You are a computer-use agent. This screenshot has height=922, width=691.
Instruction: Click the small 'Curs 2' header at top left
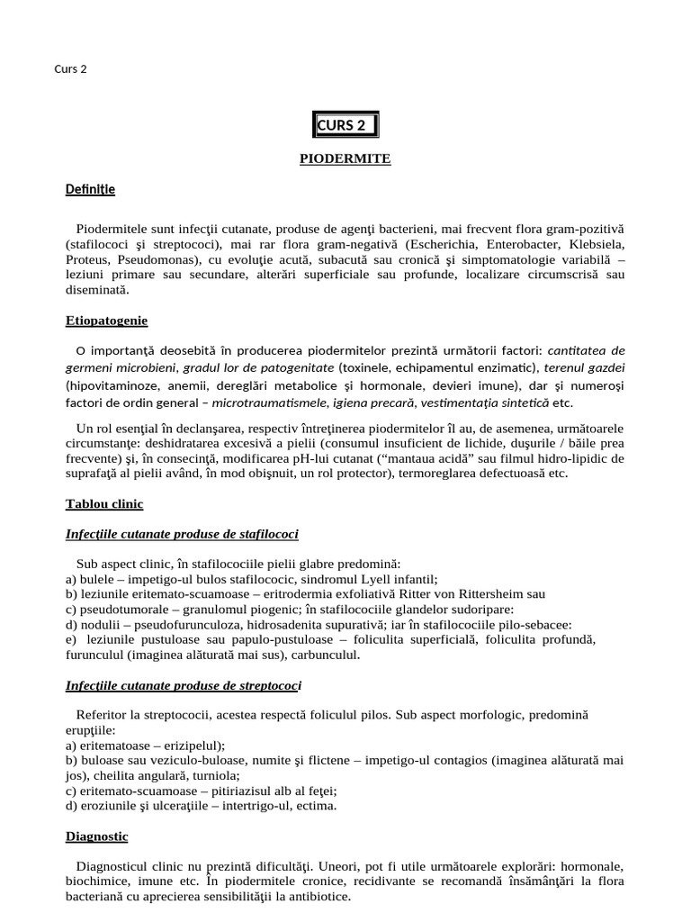pyautogui.click(x=70, y=69)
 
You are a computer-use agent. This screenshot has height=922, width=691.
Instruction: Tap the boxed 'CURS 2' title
pyautogui.click(x=345, y=125)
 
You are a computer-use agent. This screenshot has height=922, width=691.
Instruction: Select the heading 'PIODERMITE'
pyautogui.click(x=345, y=158)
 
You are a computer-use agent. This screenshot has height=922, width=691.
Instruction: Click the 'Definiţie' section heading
pyautogui.click(x=90, y=190)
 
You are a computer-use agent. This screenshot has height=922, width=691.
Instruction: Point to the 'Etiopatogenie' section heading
pyautogui.click(x=106, y=321)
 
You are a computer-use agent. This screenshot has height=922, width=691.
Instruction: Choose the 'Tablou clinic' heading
pyautogui.click(x=104, y=504)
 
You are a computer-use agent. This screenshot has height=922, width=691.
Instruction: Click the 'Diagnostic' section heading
pyautogui.click(x=97, y=836)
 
